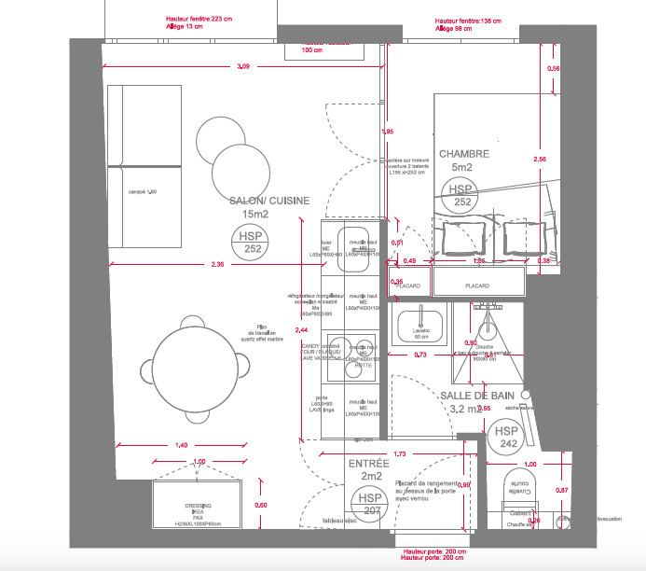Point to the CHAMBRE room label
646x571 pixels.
point(464,154)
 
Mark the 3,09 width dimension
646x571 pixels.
point(243,66)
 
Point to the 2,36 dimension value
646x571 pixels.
point(217,265)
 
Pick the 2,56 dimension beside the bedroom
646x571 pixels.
point(539,160)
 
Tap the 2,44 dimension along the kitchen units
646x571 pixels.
point(301,330)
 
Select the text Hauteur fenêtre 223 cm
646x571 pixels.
point(198,19)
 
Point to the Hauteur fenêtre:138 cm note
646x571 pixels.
point(467,20)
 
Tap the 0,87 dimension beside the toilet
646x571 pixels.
point(561,491)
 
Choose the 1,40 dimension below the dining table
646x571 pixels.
point(182,445)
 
